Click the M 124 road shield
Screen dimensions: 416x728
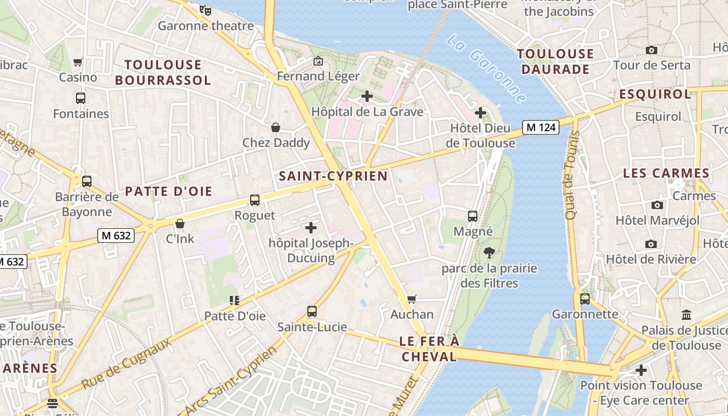[x=541, y=127]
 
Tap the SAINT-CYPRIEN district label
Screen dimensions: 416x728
[x=333, y=176]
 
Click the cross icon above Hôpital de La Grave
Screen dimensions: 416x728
[x=367, y=96]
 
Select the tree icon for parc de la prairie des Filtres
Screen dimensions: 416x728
[x=489, y=253]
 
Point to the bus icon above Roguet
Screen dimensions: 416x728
[x=255, y=200]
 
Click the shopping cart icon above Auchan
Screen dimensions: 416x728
[x=412, y=299]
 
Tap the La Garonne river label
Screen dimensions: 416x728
[x=486, y=68]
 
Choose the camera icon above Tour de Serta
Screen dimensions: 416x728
[x=651, y=50]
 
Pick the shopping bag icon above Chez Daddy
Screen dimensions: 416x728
[x=276, y=127]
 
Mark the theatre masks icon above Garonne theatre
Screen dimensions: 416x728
[x=205, y=10]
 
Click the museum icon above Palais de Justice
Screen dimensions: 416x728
[x=686, y=315]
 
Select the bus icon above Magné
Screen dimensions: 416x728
[x=473, y=216]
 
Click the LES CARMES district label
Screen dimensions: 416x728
[x=666, y=173]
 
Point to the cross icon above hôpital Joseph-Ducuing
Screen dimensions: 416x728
[x=311, y=228]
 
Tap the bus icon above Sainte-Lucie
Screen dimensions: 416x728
[x=312, y=311]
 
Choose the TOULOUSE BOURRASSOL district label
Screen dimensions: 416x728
[x=163, y=72]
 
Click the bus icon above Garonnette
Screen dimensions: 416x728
[x=585, y=299]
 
